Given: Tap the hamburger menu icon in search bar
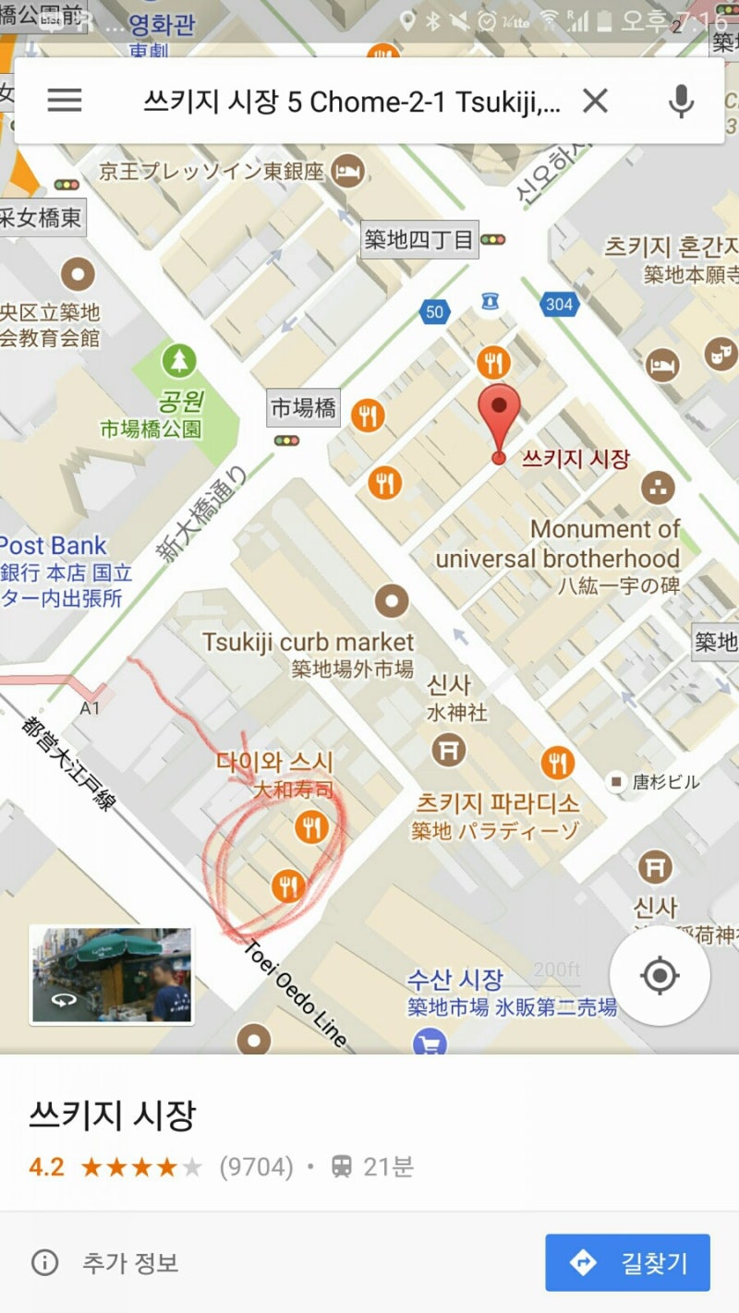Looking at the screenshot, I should pos(65,100).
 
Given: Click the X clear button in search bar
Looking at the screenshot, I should pos(595,101).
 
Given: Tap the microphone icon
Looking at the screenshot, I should pos(681,101).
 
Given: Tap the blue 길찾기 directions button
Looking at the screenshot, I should pos(627,1262).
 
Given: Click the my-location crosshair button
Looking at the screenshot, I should pos(660,975).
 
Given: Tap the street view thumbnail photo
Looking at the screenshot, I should pos(112,975).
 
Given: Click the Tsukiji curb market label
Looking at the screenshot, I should pos(309,641).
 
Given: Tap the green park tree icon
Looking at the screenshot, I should pos(178,361).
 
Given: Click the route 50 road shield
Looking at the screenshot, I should pos(434,312).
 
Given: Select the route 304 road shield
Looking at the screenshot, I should pos(559,304).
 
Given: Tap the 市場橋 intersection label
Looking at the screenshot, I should pos(303,407).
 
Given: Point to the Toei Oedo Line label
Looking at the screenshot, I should pos(295,994).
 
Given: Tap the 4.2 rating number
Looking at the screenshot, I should pos(46,1167).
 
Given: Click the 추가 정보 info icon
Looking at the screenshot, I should pos(44,1262).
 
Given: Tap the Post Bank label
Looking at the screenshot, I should pos(54,546).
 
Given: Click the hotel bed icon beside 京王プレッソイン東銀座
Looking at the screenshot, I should pos(347,170).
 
